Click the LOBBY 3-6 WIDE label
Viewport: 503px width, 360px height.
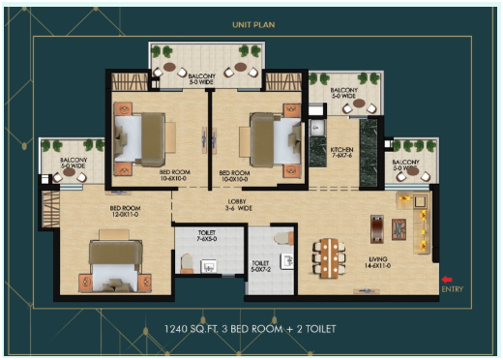[237, 206]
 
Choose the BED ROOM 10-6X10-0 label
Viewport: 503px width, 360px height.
[174, 176]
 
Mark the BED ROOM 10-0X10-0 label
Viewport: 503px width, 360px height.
[236, 176]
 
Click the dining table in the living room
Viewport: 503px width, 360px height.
[329, 257]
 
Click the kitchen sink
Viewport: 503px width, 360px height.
[316, 127]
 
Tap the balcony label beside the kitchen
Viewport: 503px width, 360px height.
[343, 94]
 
